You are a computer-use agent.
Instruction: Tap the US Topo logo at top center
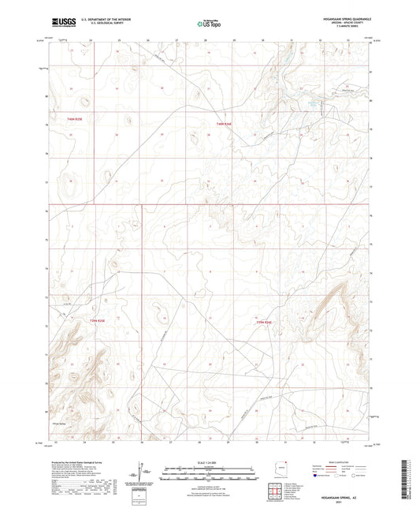(x=209, y=24)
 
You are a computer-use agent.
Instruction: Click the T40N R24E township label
(x=223, y=123)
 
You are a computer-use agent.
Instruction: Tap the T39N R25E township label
(x=97, y=320)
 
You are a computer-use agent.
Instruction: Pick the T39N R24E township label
(x=264, y=322)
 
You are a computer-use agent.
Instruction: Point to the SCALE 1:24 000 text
(x=209, y=461)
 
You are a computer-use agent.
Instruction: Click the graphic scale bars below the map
(x=209, y=469)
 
